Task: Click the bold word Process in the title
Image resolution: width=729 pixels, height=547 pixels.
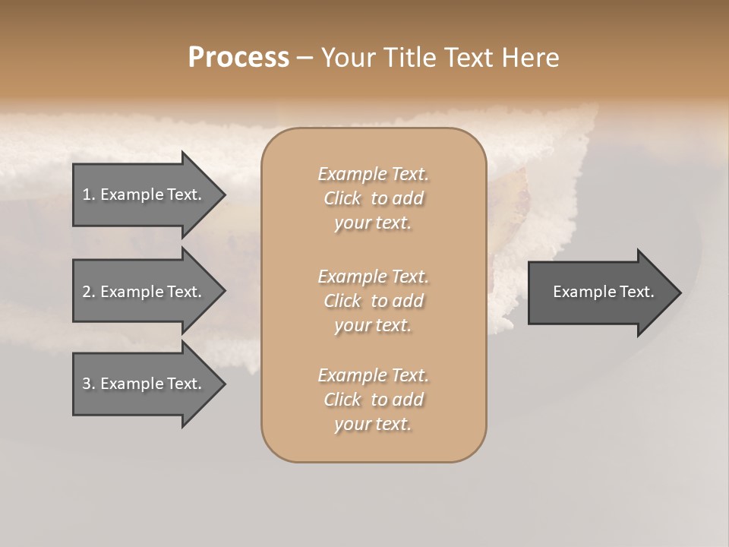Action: pyautogui.click(x=238, y=58)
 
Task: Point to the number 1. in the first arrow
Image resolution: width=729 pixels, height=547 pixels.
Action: pyautogui.click(x=89, y=194)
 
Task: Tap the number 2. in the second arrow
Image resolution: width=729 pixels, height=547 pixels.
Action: pyautogui.click(x=89, y=292)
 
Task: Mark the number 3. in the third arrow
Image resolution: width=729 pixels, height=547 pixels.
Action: pyautogui.click(x=89, y=384)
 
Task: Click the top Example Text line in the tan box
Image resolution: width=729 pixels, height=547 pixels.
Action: pyautogui.click(x=373, y=174)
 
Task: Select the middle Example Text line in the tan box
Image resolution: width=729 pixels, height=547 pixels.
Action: pyautogui.click(x=373, y=276)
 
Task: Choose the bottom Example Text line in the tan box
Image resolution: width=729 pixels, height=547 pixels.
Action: pyautogui.click(x=373, y=375)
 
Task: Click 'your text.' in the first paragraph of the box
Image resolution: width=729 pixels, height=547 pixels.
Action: pyautogui.click(x=373, y=223)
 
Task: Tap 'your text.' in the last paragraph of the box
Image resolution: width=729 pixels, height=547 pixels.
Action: pyautogui.click(x=373, y=425)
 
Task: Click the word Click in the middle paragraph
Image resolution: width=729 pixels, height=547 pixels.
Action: pyautogui.click(x=342, y=301)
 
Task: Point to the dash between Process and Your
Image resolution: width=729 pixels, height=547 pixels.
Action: pyautogui.click(x=305, y=58)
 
